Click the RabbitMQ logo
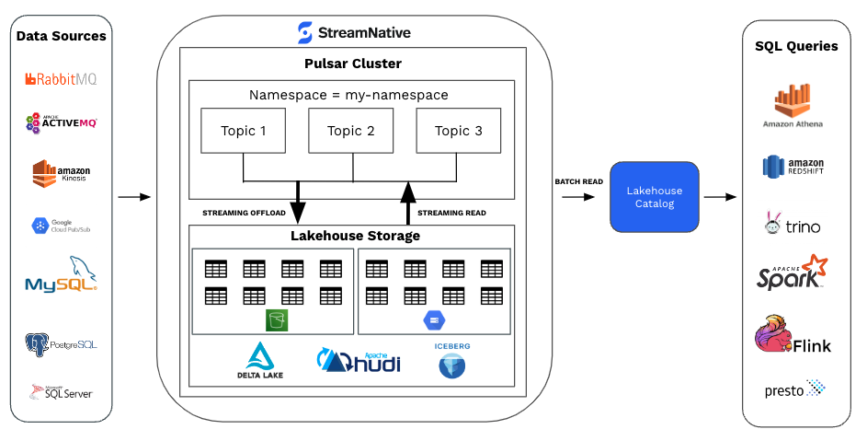[61, 79]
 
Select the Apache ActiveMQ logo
[61, 122]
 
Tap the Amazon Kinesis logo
[61, 175]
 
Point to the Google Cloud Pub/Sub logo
[61, 226]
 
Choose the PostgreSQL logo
[61, 344]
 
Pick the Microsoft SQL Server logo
[61, 393]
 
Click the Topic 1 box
[244, 131]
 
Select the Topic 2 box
[351, 131]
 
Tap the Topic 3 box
[458, 131]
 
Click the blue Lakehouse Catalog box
[655, 196]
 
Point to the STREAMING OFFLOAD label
[244, 214]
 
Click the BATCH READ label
[578, 181]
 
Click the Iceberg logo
[451, 360]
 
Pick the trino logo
[792, 224]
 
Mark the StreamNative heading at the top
[354, 33]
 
